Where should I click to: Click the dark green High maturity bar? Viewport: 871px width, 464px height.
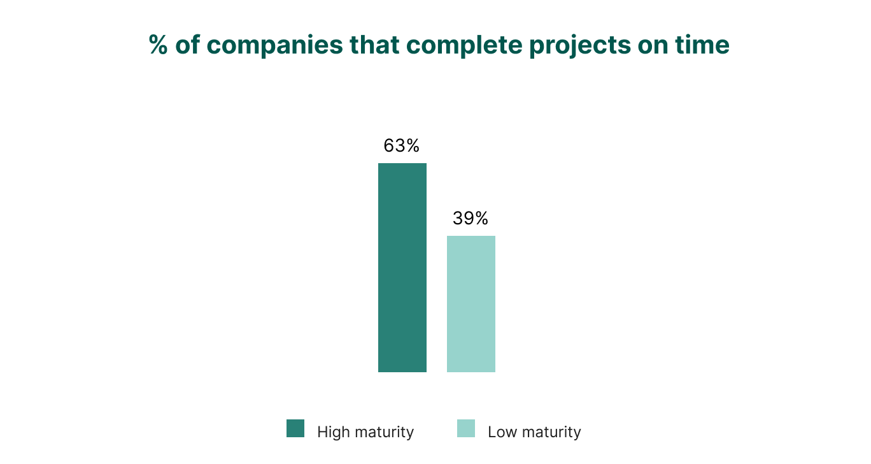(402, 268)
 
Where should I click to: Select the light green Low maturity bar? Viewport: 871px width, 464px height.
(471, 304)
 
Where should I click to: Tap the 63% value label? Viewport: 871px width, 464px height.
(401, 146)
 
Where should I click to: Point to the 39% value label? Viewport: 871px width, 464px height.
(471, 219)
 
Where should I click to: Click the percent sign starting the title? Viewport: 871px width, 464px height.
(159, 45)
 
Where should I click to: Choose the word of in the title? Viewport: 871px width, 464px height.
(187, 45)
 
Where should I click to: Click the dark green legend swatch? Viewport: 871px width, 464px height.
(295, 428)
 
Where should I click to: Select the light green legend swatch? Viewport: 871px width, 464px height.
(466, 428)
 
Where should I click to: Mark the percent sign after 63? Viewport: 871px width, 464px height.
(413, 146)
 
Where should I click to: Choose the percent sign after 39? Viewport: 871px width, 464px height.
(481, 219)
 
